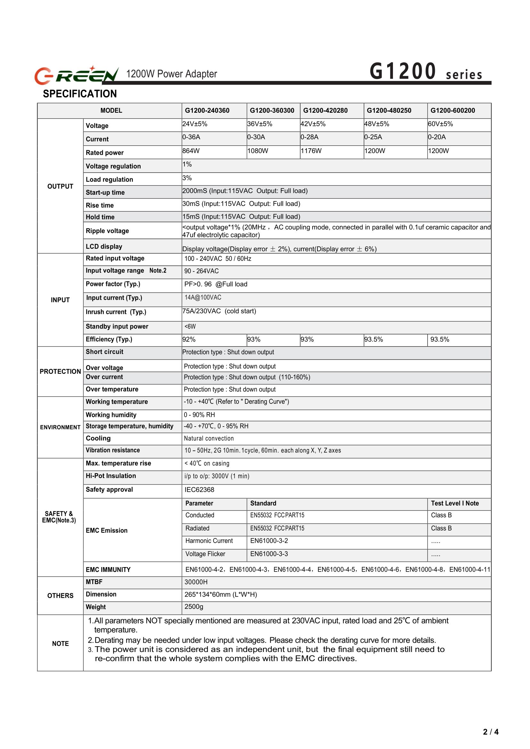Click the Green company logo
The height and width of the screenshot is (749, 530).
[76, 74]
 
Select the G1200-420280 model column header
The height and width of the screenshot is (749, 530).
[325, 110]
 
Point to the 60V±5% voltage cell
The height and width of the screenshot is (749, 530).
[440, 124]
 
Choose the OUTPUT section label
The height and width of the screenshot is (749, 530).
[61, 186]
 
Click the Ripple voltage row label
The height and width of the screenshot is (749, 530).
[107, 231]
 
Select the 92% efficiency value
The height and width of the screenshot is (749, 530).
[189, 339]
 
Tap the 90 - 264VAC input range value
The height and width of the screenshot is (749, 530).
[201, 271]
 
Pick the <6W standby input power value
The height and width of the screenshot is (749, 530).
[190, 327]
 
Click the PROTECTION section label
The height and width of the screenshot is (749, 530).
[61, 371]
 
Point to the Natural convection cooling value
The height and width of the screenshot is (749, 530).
[209, 438]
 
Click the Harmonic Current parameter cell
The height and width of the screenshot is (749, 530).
[209, 541]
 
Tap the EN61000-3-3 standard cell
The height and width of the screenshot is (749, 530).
[269, 554]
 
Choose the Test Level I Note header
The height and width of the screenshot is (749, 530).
[455, 503]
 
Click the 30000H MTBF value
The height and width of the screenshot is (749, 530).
[196, 582]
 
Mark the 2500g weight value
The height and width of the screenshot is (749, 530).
[194, 607]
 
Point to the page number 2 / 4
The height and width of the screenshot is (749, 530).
[491, 732]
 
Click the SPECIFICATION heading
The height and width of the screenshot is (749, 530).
[80, 94]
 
